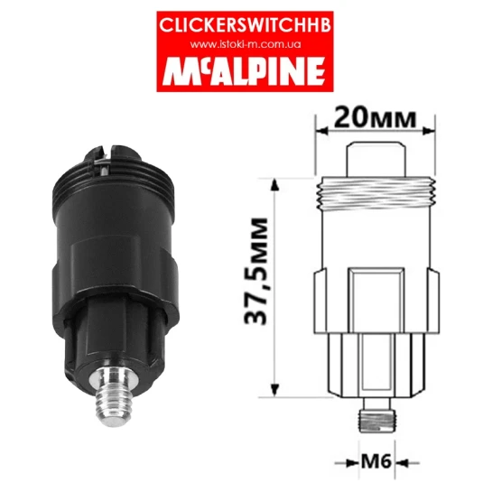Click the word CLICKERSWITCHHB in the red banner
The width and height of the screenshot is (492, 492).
coord(245,25)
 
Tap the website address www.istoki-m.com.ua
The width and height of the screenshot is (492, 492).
coord(246,44)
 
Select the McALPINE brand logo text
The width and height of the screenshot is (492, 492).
coord(244,71)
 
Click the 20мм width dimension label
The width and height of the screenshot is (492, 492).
coord(375,118)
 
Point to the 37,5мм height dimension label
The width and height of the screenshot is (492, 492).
coord(255,271)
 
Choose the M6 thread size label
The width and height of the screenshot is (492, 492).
coord(376,462)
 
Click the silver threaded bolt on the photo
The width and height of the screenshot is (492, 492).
coord(115,396)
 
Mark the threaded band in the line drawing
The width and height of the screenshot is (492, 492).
coord(376,193)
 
